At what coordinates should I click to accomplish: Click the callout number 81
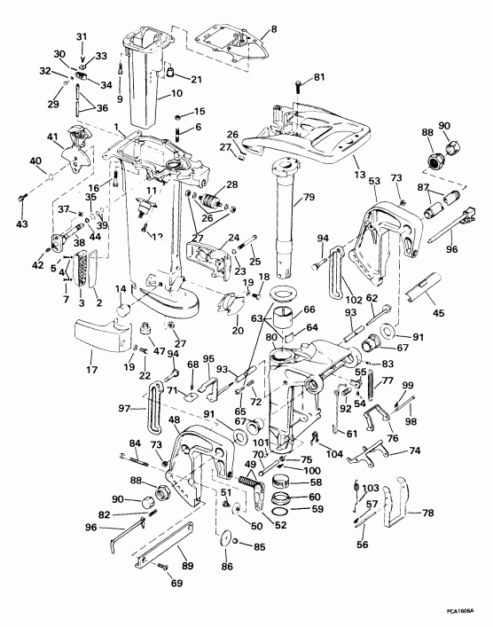[319, 77]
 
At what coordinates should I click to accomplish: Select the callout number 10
[176, 93]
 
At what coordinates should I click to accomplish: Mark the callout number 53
[374, 181]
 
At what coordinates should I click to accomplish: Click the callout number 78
[428, 513]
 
